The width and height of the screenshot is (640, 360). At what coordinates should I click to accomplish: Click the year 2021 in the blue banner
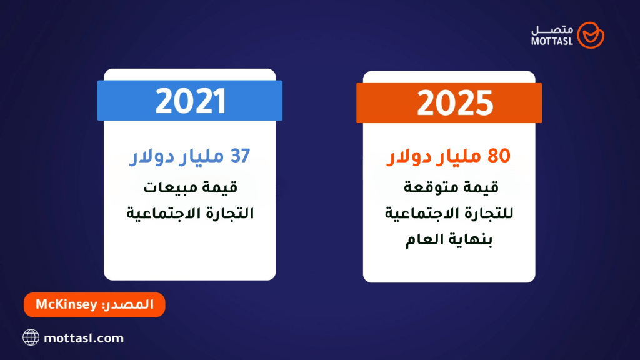point(190,101)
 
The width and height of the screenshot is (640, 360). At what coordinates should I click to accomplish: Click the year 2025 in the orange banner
point(449,103)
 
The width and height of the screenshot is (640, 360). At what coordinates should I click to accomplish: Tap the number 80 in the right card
point(498,157)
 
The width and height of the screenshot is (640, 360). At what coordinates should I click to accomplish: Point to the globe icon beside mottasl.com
point(31,338)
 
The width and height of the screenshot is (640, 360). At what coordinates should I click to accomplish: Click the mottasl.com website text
point(84,338)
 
